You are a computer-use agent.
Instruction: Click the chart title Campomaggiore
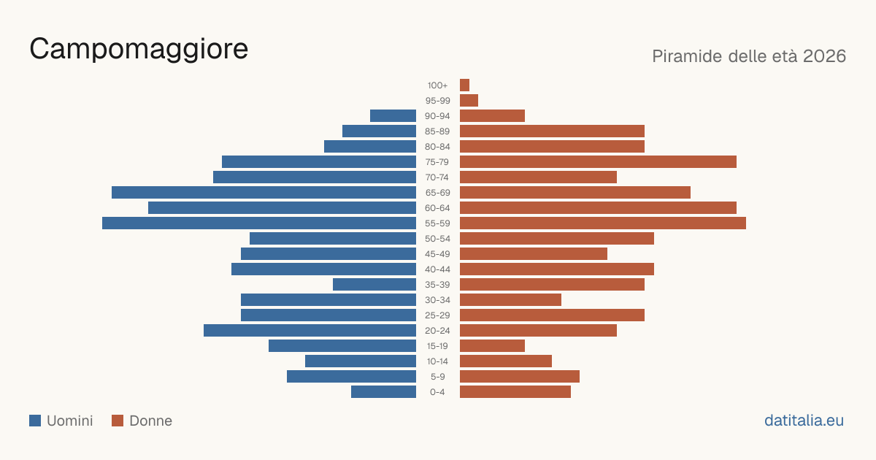pos(139,50)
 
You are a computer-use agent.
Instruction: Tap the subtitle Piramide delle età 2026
pos(749,56)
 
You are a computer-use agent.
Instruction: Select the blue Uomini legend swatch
pos(35,421)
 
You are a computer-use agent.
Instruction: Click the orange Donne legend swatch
pos(118,421)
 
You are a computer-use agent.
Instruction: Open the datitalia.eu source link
pos(804,421)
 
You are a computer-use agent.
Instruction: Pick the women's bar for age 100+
pos(464,85)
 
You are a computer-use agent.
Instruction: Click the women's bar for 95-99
pos(469,100)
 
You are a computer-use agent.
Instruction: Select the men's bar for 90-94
pos(393,116)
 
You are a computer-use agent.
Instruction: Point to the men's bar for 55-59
pos(259,223)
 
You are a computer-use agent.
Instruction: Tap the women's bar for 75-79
pos(598,161)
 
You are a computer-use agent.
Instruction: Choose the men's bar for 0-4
pos(384,391)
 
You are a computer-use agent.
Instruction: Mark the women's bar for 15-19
pos(492,346)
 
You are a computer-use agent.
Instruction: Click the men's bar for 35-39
pos(374,284)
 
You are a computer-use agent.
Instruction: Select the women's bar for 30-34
pos(510,299)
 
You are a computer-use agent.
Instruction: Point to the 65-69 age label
pos(437,193)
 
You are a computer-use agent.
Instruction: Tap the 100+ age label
pos(437,85)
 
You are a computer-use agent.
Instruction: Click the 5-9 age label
pos(437,377)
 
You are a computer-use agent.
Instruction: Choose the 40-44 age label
pos(437,269)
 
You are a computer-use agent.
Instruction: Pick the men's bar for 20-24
pos(310,331)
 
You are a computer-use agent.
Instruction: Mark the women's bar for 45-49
pos(534,254)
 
